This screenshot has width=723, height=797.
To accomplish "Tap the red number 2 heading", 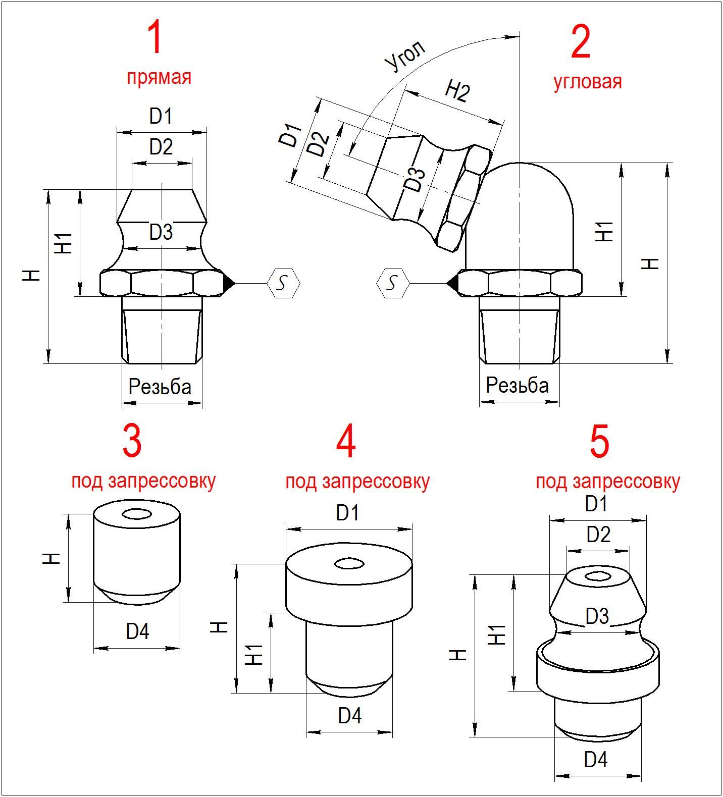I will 580,43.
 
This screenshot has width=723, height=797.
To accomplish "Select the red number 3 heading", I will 132,441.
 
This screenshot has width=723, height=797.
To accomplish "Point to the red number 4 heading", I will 346,442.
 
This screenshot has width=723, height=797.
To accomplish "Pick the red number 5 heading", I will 599,442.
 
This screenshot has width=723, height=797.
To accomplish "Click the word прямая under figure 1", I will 159,77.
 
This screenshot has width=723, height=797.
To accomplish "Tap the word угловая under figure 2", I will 588,81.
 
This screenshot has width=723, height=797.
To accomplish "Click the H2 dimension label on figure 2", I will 457,91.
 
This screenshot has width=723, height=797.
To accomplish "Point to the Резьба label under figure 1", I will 160,387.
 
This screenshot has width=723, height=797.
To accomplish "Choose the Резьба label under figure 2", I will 518,385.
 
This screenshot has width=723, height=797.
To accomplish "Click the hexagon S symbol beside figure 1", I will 284,284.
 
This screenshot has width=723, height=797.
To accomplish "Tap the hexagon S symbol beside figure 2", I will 392,283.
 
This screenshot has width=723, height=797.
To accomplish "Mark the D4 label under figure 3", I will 137,631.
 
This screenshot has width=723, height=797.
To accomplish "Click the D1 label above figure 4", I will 347,513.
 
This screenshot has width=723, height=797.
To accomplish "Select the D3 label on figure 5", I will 597,616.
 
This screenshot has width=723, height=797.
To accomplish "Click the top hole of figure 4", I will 348,564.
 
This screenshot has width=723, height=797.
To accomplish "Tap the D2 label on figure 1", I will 161,147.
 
